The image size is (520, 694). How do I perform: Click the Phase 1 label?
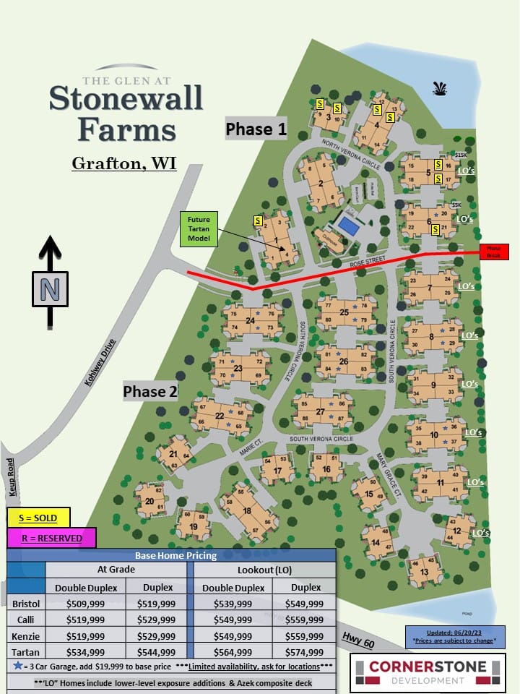coord(256,129)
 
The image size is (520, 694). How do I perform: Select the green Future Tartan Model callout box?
coord(199,229)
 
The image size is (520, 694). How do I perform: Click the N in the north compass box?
coord(50,289)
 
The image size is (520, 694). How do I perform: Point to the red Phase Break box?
coord(494,252)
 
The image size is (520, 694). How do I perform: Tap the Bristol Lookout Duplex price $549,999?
coord(304,604)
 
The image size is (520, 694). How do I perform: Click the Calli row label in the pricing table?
coord(25,620)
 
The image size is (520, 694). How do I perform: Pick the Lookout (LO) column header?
coord(265,570)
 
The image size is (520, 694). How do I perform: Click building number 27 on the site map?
coord(320,411)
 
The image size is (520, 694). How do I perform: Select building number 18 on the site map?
coord(247,510)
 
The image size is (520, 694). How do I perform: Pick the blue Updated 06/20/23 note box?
coord(455,636)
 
